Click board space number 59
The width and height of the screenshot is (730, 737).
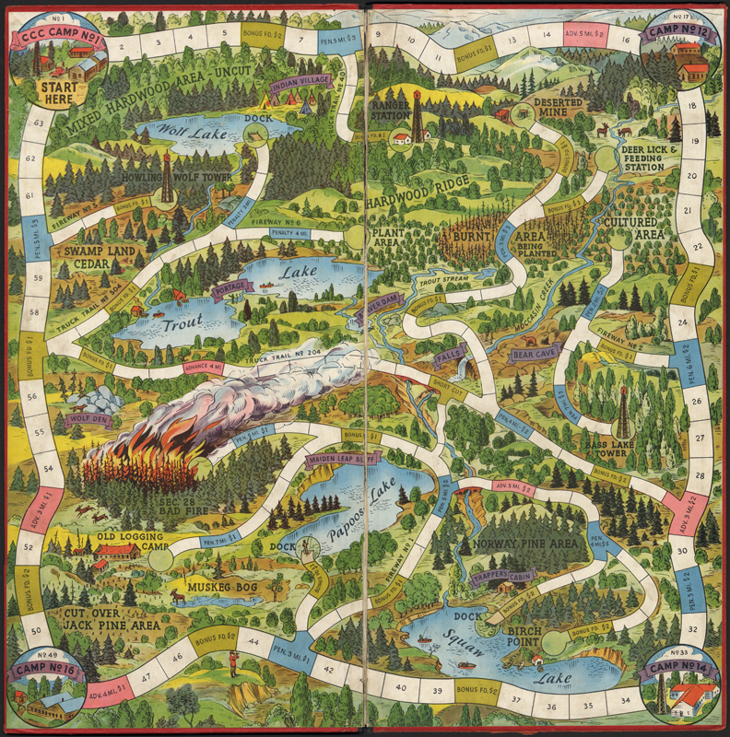pyautogui.click(x=34, y=276)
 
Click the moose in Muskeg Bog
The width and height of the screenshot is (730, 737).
pyautogui.click(x=177, y=598)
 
